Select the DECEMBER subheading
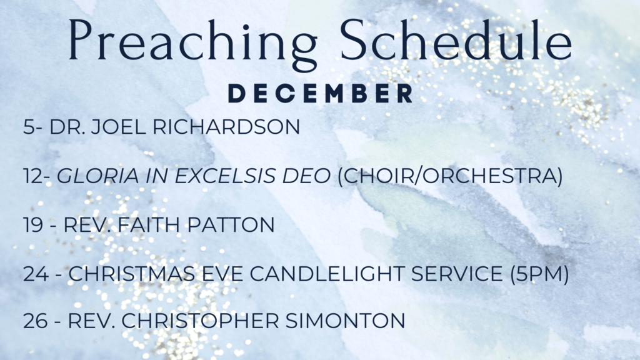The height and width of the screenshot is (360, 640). click(x=321, y=94)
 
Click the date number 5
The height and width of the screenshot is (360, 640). click(x=29, y=126)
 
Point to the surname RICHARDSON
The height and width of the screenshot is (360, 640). click(x=226, y=126)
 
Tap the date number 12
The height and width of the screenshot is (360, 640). click(x=34, y=176)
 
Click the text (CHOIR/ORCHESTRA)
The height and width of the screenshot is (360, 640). click(x=450, y=176)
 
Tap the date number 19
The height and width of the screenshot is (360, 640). click(x=34, y=225)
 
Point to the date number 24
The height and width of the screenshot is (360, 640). click(x=36, y=274)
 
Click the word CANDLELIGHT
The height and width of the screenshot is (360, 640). click(x=327, y=274)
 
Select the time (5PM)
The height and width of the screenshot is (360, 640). click(x=539, y=274)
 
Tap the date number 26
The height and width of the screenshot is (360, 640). click(x=36, y=321)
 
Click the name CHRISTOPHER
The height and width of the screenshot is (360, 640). click(x=200, y=321)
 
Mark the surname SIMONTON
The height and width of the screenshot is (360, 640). click(x=345, y=321)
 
